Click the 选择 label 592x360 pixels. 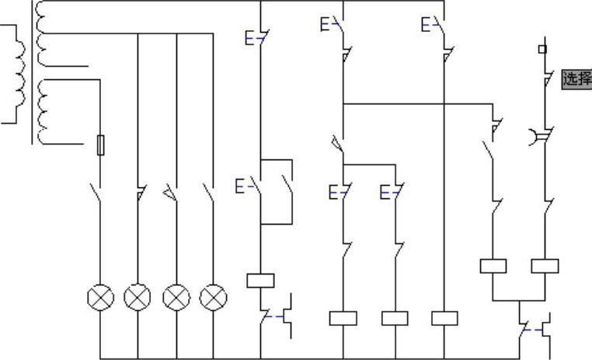click(x=576, y=79)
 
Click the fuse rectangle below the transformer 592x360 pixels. click(x=100, y=145)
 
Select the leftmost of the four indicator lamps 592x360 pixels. click(x=100, y=297)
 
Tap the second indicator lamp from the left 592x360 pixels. click(x=138, y=297)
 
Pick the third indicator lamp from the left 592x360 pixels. click(x=176, y=297)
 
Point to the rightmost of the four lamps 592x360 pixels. click(x=213, y=297)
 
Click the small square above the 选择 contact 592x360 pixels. click(x=542, y=49)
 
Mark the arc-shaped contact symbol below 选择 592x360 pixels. click(x=537, y=138)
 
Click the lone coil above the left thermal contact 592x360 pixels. click(x=260, y=281)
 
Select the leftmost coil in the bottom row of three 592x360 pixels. click(x=343, y=318)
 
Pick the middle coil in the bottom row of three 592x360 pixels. click(x=395, y=318)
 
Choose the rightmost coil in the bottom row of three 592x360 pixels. click(x=444, y=318)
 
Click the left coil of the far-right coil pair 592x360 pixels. click(x=493, y=266)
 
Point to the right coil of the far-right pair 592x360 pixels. click(x=545, y=266)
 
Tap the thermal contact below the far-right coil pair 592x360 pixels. click(x=536, y=330)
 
